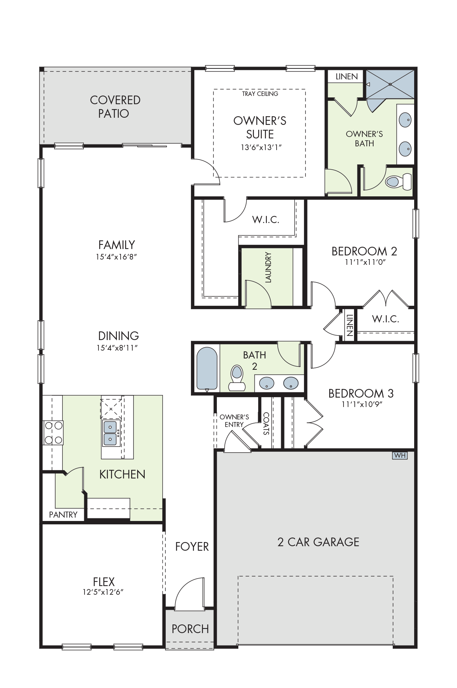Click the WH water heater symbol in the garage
pos(399,455)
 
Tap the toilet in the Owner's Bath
pos(398,182)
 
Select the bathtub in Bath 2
pos(207,369)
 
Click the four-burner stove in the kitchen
pos(53,433)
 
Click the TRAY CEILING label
pos(260,94)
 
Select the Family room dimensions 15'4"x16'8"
pos(116,257)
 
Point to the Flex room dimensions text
pos(103,592)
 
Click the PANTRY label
pos(63,515)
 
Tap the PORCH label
pos(190,629)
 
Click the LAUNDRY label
pos(268,267)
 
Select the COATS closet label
pos(266,424)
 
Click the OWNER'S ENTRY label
pos(234,421)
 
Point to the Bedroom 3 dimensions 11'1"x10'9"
pos(362,404)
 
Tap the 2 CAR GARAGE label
pos(318,542)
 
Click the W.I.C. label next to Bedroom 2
pos(386,319)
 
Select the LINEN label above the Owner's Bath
pos(347,77)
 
